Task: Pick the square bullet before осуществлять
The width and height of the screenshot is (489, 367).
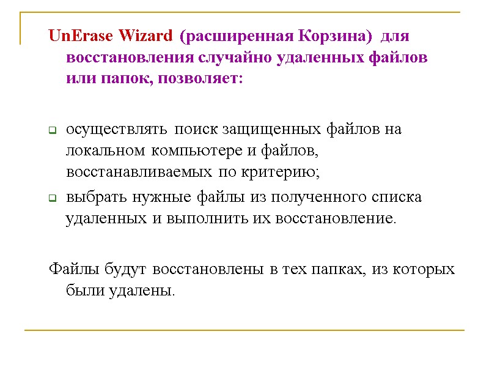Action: pos(52,131)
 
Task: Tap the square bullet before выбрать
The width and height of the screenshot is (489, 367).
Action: pos(52,199)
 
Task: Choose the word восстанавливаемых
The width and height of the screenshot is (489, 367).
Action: pos(139,172)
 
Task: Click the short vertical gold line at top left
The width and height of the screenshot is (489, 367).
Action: pos(21,28)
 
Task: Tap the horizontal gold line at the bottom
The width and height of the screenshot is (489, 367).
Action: pos(244,331)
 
